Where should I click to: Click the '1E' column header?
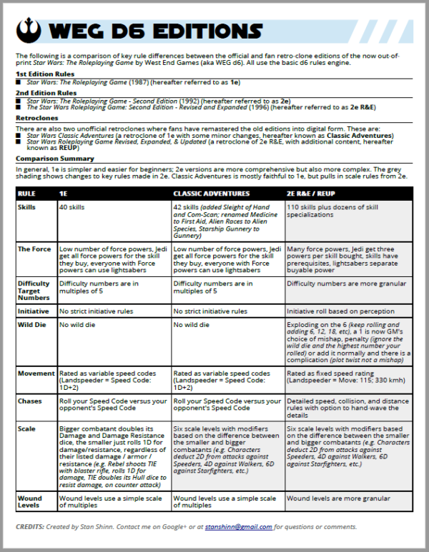[64, 194]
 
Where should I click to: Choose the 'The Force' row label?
[33, 248]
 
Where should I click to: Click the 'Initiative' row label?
[32, 311]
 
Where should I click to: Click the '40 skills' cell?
[73, 206]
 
